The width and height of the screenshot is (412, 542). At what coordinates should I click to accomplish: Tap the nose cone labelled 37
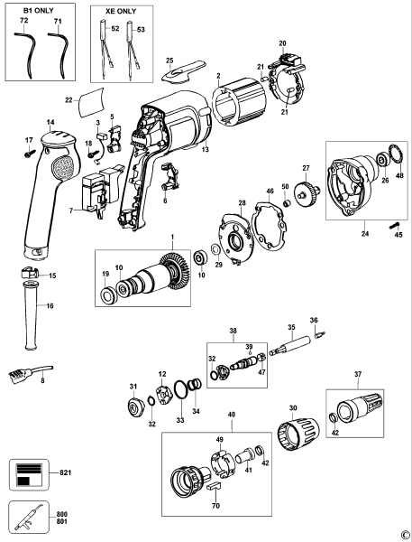358,400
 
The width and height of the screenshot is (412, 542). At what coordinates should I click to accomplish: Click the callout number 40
232,416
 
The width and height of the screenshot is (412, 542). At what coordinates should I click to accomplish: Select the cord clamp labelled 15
24,274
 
